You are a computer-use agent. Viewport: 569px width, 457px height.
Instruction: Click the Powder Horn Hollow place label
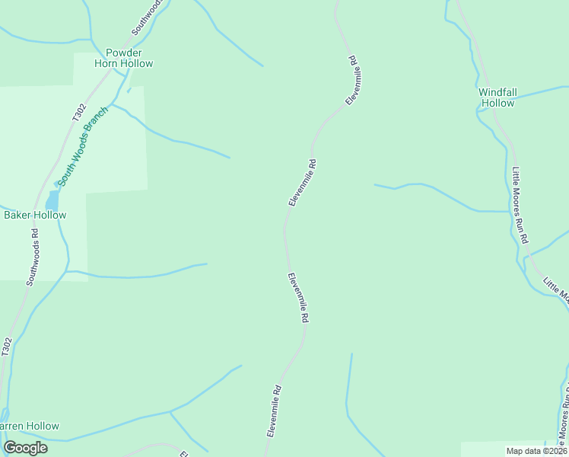[x=123, y=58]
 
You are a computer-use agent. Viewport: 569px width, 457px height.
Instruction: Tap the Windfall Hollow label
[x=497, y=97]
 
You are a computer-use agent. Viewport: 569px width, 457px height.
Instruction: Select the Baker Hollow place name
[x=35, y=215]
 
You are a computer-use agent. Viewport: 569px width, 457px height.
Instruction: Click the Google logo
[x=25, y=448]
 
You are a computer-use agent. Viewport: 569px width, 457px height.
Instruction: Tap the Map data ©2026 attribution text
[x=537, y=451]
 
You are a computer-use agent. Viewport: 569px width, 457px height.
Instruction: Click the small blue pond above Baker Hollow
[x=52, y=200]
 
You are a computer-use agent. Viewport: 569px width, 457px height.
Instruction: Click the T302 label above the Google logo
[x=6, y=347]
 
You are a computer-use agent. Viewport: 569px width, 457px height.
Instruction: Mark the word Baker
[x=18, y=215]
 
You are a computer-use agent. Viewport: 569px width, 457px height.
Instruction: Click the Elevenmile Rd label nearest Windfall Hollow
[x=353, y=81]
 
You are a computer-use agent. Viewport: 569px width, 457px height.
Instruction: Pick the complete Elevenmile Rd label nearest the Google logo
[x=275, y=410]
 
